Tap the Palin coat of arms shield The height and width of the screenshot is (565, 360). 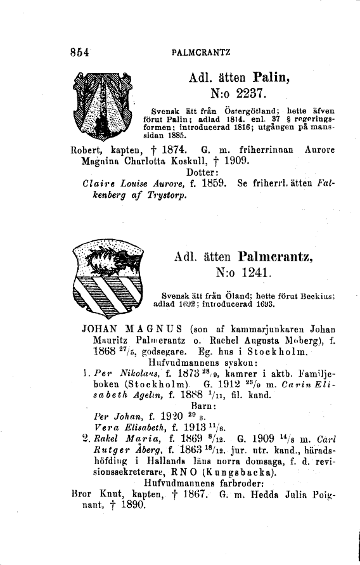108,114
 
